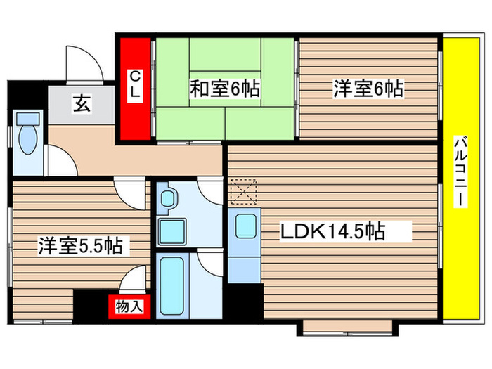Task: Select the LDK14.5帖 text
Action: click(333, 231)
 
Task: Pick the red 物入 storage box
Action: click(129, 306)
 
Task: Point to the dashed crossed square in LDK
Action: click(244, 190)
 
